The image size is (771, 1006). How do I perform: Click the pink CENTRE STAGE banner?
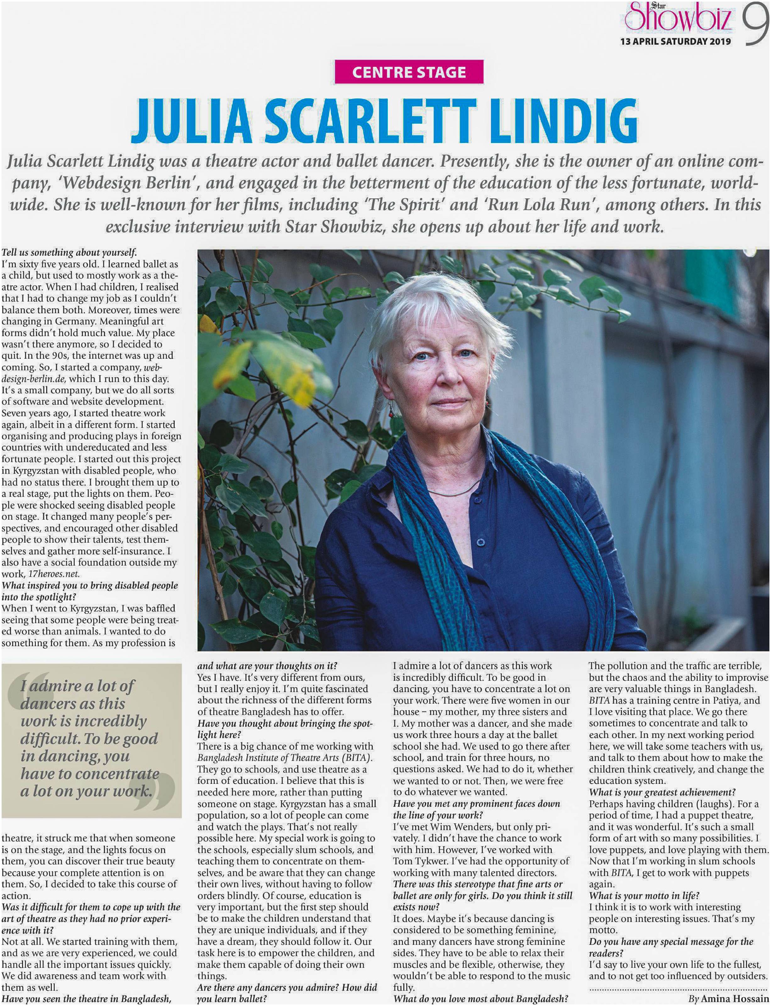(408, 72)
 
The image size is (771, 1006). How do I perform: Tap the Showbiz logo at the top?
(678, 17)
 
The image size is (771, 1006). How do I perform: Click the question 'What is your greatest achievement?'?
(662, 792)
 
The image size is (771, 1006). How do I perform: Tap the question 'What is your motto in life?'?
(644, 895)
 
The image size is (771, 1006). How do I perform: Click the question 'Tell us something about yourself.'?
(69, 252)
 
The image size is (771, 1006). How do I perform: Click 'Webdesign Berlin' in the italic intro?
(125, 183)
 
